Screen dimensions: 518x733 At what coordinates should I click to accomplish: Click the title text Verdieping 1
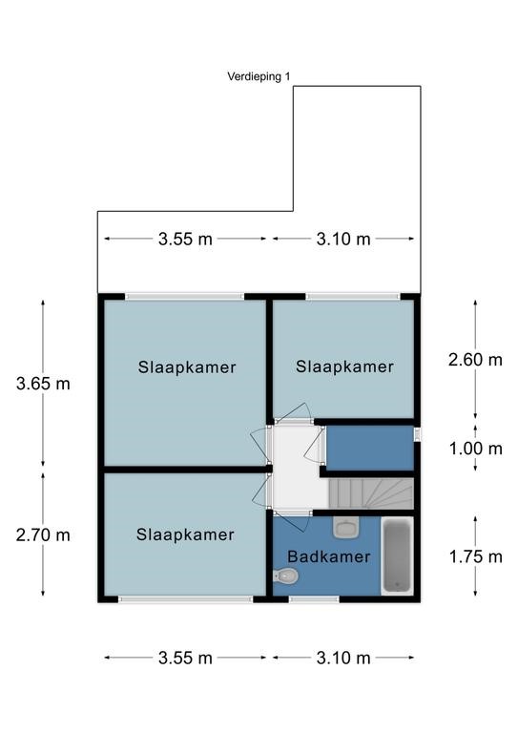pyautogui.click(x=259, y=76)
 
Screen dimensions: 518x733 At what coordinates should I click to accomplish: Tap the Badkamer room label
pyautogui.click(x=329, y=556)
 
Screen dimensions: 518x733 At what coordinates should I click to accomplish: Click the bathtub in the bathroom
pyautogui.click(x=397, y=555)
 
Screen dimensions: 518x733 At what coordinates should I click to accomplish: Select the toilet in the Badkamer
pyautogui.click(x=286, y=576)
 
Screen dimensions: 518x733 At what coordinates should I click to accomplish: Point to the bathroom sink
pyautogui.click(x=345, y=527)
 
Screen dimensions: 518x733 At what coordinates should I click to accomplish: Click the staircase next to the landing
pyautogui.click(x=371, y=493)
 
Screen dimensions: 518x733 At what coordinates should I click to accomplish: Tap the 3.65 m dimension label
pyautogui.click(x=43, y=384)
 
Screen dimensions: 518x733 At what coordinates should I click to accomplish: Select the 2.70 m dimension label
pyautogui.click(x=43, y=534)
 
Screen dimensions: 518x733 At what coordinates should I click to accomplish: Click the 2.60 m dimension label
pyautogui.click(x=475, y=360)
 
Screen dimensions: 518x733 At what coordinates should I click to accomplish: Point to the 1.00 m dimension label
pyautogui.click(x=475, y=449)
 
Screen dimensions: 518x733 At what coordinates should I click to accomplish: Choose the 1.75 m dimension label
pyautogui.click(x=475, y=556)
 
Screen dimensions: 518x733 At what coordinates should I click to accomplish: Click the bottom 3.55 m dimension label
pyautogui.click(x=185, y=659)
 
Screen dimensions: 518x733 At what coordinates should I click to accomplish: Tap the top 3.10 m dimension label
pyautogui.click(x=343, y=240)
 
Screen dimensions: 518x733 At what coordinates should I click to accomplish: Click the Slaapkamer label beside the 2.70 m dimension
pyautogui.click(x=185, y=534)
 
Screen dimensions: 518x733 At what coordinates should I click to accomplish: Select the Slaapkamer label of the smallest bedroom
pyautogui.click(x=344, y=366)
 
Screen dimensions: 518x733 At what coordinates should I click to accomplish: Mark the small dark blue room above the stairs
pyautogui.click(x=370, y=448)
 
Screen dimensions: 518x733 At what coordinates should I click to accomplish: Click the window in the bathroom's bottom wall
pyautogui.click(x=314, y=598)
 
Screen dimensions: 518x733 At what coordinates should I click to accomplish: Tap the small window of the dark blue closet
pyautogui.click(x=417, y=434)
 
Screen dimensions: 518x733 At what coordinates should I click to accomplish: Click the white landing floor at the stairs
pyautogui.click(x=299, y=468)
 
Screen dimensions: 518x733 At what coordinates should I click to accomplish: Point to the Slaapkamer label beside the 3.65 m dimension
pyautogui.click(x=187, y=367)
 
